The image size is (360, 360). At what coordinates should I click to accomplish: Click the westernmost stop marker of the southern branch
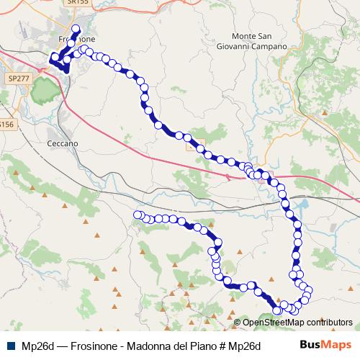pos(138,215)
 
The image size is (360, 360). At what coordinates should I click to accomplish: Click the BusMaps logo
pos(325,345)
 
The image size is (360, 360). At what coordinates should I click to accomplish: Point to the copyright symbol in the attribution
pos(238,322)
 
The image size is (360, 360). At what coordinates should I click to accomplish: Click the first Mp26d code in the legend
pos(38,346)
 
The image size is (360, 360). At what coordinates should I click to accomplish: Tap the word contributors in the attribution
pos(328,322)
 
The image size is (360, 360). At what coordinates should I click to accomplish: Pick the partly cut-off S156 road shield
pos(6,124)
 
